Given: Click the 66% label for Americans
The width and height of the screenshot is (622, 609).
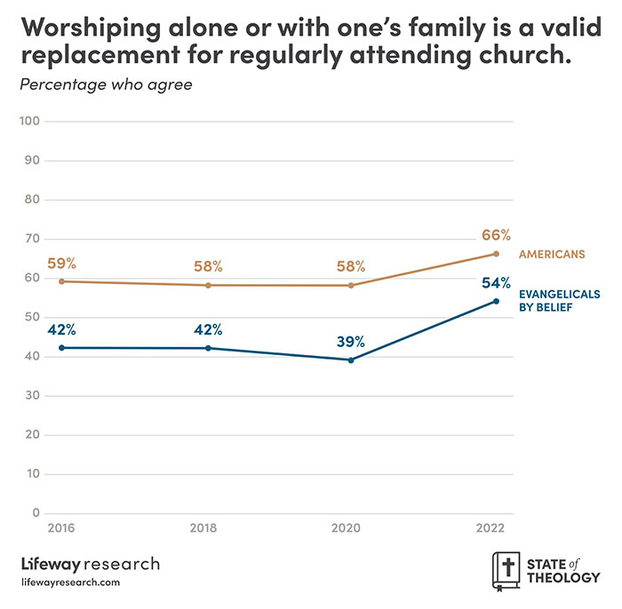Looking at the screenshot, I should point(496,235).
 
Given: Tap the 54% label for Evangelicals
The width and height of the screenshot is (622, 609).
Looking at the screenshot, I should point(496,283).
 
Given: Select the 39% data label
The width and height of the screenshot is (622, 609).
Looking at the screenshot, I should point(351,342).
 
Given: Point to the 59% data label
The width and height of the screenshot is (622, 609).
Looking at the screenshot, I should point(62,263).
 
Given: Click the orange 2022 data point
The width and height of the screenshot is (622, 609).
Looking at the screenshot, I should point(496,254).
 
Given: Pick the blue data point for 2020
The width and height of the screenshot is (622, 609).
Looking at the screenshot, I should point(351,360).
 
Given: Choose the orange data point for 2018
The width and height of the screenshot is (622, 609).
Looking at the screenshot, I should point(208,285).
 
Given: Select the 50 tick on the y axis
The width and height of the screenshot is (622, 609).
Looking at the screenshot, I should point(33,317).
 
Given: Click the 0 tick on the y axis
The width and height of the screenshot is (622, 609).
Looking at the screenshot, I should point(36,513).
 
